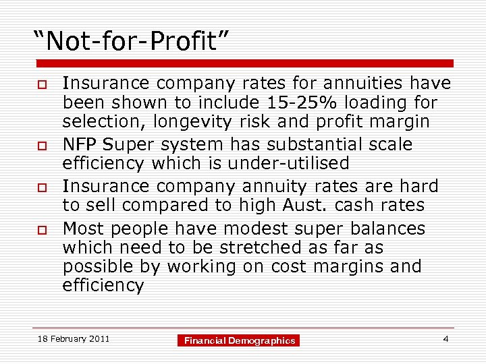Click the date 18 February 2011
pos(73,338)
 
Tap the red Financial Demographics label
pos(240,340)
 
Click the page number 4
pos(446,338)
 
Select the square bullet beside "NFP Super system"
pos(41,145)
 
